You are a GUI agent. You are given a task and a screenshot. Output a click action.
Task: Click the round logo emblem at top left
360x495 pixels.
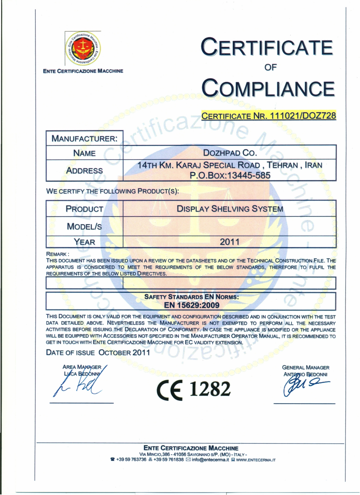click(x=83, y=48)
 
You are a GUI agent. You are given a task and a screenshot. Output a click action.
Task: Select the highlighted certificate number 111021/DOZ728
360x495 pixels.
click(x=303, y=116)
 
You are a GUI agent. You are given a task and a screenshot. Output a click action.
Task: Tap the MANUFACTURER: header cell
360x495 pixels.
click(x=84, y=139)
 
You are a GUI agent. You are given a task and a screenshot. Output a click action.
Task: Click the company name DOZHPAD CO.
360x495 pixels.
click(x=230, y=153)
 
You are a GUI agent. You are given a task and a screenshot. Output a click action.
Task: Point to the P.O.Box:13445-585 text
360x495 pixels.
click(x=230, y=175)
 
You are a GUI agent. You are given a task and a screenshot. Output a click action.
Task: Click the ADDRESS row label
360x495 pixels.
click(x=84, y=170)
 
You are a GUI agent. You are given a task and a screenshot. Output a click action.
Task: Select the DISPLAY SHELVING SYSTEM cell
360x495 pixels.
click(x=230, y=209)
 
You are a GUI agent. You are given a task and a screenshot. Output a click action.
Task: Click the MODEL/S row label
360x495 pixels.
click(x=84, y=226)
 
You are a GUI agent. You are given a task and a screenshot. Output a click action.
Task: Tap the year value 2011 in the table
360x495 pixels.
click(x=230, y=242)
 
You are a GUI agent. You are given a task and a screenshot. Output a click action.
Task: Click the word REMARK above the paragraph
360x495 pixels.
click(x=56, y=254)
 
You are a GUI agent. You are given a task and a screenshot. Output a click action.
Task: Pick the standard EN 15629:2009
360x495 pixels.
click(x=192, y=305)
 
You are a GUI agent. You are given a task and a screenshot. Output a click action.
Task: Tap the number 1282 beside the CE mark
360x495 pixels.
click(x=210, y=389)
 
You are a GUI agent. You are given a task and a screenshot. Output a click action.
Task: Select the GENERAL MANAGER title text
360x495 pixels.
click(x=306, y=368)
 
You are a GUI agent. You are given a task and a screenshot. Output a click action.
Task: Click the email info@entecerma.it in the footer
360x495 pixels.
click(x=210, y=460)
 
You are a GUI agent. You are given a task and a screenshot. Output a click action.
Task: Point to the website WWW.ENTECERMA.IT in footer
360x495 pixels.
click(x=255, y=460)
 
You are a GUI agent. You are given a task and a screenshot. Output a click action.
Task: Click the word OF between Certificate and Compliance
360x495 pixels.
click(x=270, y=67)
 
